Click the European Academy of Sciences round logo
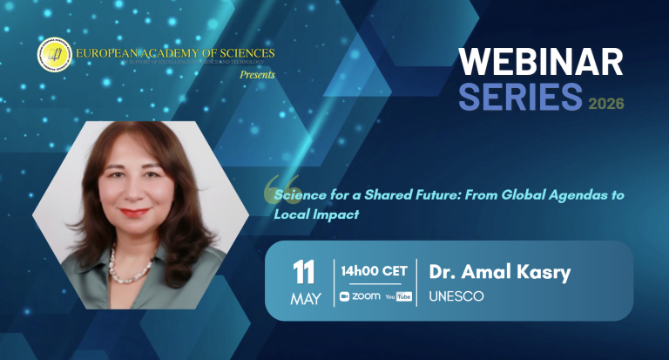click(x=52, y=56)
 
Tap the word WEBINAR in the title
click(x=541, y=62)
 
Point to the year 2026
click(x=606, y=104)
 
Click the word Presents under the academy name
click(x=258, y=75)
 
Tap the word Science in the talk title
click(x=300, y=195)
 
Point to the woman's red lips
click(x=134, y=212)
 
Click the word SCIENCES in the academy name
click(x=238, y=54)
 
